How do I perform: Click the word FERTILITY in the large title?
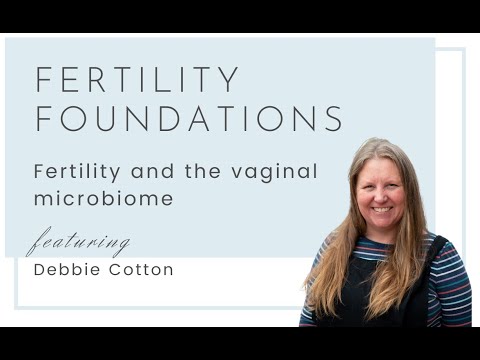click(x=137, y=80)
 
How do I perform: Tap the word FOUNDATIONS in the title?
click(x=189, y=118)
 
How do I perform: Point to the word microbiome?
click(x=103, y=198)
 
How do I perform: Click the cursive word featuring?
click(x=78, y=243)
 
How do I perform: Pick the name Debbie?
click(x=63, y=270)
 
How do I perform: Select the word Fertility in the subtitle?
click(x=72, y=171)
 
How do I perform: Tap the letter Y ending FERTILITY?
click(x=230, y=80)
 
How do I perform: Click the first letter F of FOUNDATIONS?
click(x=43, y=118)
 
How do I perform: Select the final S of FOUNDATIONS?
click(x=334, y=118)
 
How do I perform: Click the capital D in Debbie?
click(x=39, y=270)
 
